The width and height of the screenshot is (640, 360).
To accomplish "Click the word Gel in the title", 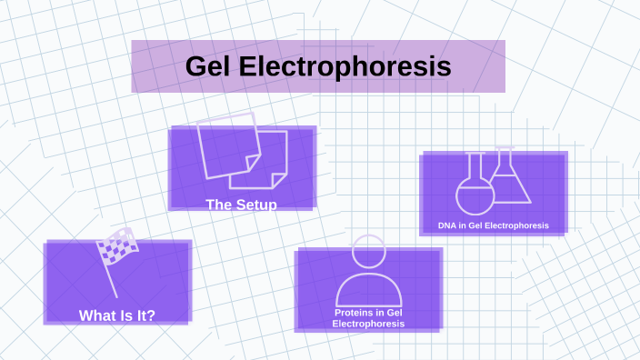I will tap(212, 66).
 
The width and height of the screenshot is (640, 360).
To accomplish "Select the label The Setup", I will tap(241, 205).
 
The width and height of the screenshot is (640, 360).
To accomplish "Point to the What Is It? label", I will tap(117, 315).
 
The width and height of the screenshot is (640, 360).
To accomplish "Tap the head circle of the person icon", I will tap(368, 251).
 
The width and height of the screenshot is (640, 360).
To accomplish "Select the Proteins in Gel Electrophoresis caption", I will tap(368, 317).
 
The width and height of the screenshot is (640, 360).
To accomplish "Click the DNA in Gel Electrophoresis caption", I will tap(493, 225).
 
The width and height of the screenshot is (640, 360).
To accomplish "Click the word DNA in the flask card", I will tap(446, 225).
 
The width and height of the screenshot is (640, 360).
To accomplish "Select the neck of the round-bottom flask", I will tap(474, 164).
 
